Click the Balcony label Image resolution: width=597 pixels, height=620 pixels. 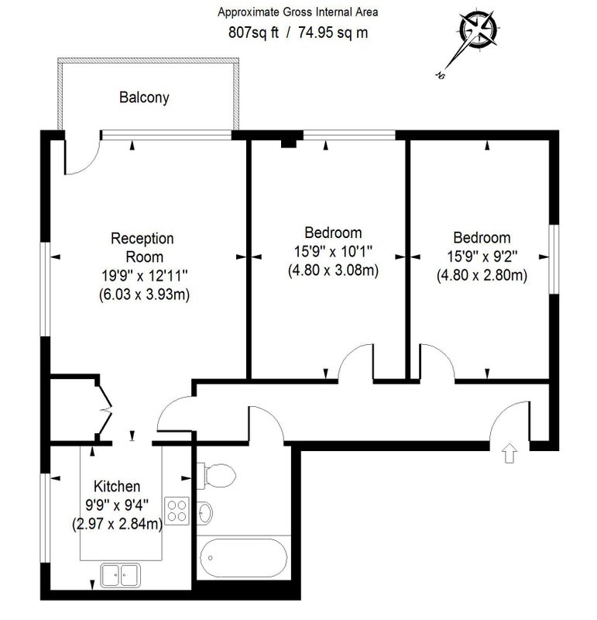click(144, 98)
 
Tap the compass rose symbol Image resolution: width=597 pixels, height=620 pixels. click(478, 30)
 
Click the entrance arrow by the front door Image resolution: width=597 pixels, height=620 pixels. click(510, 453)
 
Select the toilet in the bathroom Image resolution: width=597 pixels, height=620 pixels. click(217, 475)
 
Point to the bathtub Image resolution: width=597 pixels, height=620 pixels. click(244, 557)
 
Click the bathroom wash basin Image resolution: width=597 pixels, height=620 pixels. click(204, 513)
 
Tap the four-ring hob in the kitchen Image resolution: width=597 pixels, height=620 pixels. click(177, 511)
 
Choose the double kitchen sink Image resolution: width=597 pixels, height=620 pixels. click(120, 574)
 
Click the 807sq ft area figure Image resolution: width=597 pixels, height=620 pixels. click(253, 33)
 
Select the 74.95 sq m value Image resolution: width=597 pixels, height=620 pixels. click(333, 33)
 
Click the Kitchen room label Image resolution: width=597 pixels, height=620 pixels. click(117, 486)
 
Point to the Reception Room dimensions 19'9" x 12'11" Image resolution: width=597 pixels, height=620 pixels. click(144, 275)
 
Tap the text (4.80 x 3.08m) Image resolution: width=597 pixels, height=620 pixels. click(333, 270)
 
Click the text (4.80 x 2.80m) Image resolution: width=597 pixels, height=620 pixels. click(482, 275)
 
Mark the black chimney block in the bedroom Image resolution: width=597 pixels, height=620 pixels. click(289, 143)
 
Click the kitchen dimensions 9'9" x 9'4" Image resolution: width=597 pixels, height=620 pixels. click(117, 505)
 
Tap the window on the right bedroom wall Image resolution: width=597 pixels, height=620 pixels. click(554, 260)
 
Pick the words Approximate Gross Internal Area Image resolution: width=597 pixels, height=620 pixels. click(298, 12)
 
